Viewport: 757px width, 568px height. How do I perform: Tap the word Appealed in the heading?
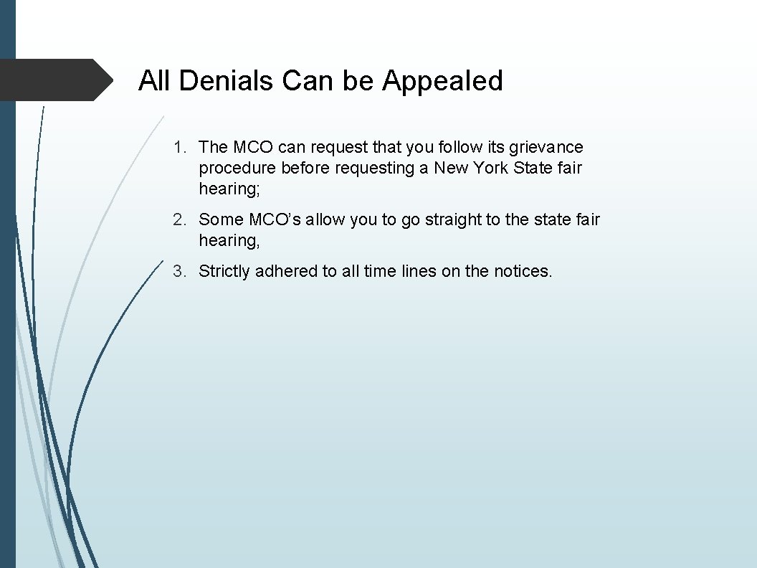pyautogui.click(x=442, y=80)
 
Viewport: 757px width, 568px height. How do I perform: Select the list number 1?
pyautogui.click(x=178, y=147)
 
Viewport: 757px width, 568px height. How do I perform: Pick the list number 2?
pyautogui.click(x=178, y=219)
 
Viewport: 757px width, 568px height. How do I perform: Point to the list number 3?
pyautogui.click(x=178, y=271)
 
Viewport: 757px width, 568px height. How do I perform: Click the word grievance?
pyautogui.click(x=546, y=148)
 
